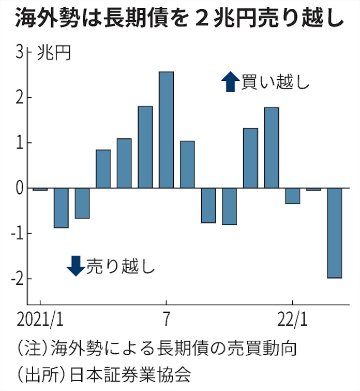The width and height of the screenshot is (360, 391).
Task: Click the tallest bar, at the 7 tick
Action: pos(166,129)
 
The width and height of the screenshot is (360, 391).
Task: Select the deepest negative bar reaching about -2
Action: pos(334,233)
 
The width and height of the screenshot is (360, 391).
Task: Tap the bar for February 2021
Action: pos(61,208)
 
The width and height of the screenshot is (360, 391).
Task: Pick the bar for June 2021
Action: pos(145,147)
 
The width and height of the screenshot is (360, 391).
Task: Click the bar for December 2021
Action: pos(272,148)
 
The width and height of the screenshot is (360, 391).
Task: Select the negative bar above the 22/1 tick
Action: pos(293,196)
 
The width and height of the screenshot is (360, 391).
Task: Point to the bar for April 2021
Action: pos(103,169)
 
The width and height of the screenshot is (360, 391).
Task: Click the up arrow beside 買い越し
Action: pos(228,82)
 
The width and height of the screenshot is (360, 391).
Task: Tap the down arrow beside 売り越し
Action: pos(76,265)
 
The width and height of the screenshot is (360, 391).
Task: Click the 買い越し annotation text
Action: pos(274,82)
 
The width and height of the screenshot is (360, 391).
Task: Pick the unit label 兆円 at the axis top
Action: pos(54,53)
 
